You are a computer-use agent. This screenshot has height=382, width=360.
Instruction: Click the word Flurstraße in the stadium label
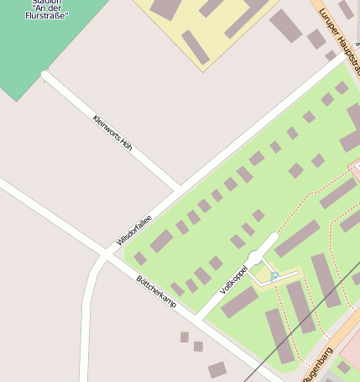(x=48, y=15)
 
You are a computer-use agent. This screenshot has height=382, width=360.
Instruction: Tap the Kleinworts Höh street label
(x=112, y=133)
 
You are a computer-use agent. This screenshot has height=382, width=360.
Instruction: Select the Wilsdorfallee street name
(x=133, y=229)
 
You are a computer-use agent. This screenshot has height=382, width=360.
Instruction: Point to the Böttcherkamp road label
(x=156, y=290)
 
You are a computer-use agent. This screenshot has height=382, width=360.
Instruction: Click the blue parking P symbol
(x=274, y=275)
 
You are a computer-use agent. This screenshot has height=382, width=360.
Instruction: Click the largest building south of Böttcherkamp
(x=217, y=369)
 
